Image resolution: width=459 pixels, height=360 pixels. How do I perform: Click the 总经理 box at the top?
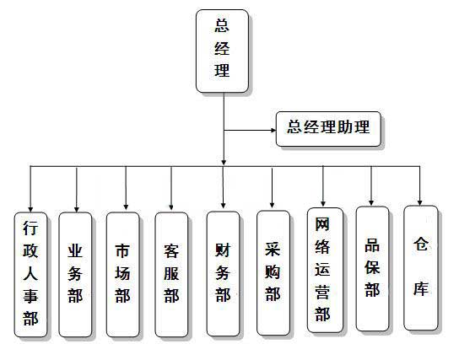222,51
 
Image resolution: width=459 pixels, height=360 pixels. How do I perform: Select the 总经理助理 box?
328,128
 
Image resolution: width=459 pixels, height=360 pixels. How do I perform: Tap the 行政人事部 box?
30,274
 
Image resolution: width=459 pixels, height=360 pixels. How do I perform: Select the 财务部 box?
223,271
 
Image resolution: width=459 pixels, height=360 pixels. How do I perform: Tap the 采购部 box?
273,271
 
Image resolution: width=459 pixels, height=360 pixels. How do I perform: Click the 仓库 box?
420,266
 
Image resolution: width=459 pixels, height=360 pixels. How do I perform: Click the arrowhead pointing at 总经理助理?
272,130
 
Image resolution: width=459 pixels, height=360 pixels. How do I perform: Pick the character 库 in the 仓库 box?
420,288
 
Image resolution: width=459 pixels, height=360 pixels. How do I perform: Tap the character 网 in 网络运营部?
321,225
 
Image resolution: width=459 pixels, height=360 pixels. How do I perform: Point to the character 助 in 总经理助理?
347,128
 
